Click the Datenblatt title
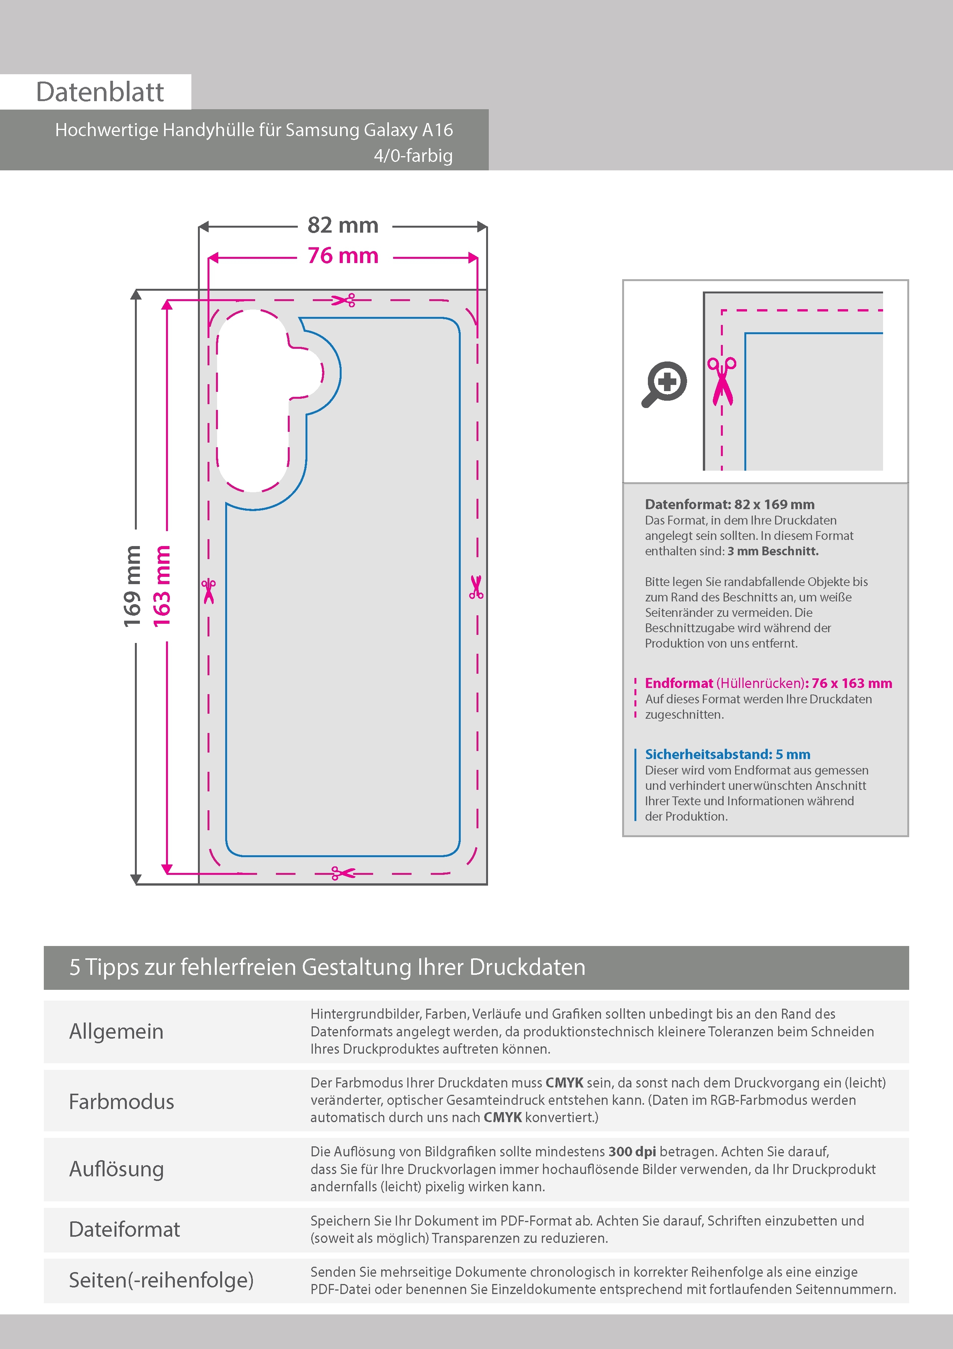tap(100, 92)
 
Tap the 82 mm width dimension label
tap(343, 225)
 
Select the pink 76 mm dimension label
tap(343, 256)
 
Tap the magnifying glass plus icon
tap(664, 384)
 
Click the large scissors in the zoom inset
tap(722, 381)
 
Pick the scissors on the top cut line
tap(344, 300)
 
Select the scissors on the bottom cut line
tap(344, 873)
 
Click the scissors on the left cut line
tap(208, 591)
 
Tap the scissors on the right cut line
tap(476, 587)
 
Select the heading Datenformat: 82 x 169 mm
tap(729, 504)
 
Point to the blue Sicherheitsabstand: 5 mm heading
tap(727, 754)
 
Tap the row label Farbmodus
tap(121, 1102)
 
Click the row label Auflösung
tap(116, 1169)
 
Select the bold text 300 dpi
tap(633, 1152)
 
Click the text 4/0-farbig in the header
tap(413, 156)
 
